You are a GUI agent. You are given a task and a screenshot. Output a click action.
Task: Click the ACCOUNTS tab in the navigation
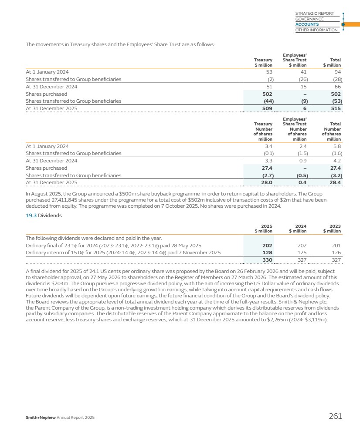click(307, 24)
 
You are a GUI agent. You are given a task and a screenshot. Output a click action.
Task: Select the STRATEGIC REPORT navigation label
click(314, 13)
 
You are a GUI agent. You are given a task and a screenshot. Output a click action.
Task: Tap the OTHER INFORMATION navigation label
click(316, 30)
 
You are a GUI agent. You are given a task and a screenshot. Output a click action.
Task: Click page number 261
click(335, 416)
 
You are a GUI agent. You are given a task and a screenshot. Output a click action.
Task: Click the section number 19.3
click(31, 215)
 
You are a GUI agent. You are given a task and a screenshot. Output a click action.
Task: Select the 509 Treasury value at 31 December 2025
click(266, 109)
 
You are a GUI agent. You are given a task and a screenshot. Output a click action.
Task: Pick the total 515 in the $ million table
click(336, 109)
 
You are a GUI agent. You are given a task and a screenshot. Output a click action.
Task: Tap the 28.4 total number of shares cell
click(335, 183)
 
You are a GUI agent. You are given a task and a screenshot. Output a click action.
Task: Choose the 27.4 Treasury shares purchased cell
click(267, 168)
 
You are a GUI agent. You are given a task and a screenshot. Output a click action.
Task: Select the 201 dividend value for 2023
click(336, 245)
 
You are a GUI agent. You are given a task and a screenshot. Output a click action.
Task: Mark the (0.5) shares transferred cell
click(301, 175)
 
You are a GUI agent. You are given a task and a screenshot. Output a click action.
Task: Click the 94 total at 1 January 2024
click(337, 72)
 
